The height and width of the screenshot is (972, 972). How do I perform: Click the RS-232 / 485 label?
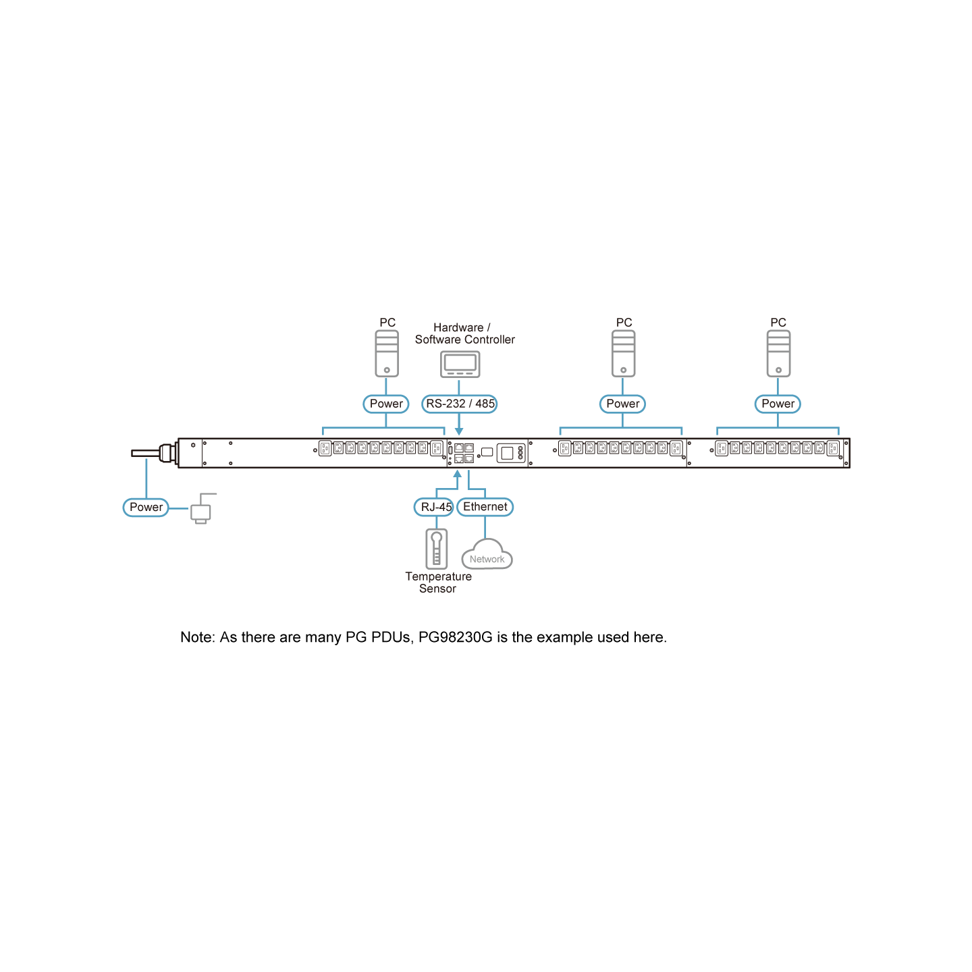point(459,404)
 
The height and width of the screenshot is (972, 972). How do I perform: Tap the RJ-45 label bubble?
point(434,507)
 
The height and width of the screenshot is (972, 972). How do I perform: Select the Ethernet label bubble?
point(485,507)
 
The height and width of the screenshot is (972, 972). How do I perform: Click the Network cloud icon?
point(487,554)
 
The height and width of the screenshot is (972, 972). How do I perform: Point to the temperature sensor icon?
point(436,549)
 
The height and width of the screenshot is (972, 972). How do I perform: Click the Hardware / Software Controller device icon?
point(460,364)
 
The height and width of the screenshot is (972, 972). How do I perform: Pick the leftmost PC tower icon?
point(387,354)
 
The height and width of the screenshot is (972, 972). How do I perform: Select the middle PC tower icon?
point(623,354)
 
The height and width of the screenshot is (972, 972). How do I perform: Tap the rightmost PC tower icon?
point(778,354)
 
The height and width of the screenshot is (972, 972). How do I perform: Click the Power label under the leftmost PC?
point(386,404)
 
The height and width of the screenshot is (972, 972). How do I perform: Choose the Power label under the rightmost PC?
point(778,404)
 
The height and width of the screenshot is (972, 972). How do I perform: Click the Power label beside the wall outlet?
point(146,508)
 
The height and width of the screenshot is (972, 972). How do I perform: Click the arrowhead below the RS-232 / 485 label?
point(459,431)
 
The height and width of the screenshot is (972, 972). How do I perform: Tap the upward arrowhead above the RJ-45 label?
point(458,474)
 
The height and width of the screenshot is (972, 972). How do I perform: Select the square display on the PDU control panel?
point(507,453)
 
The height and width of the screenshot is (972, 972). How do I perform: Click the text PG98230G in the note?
point(455,637)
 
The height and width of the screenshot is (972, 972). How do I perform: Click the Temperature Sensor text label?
point(438,583)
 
